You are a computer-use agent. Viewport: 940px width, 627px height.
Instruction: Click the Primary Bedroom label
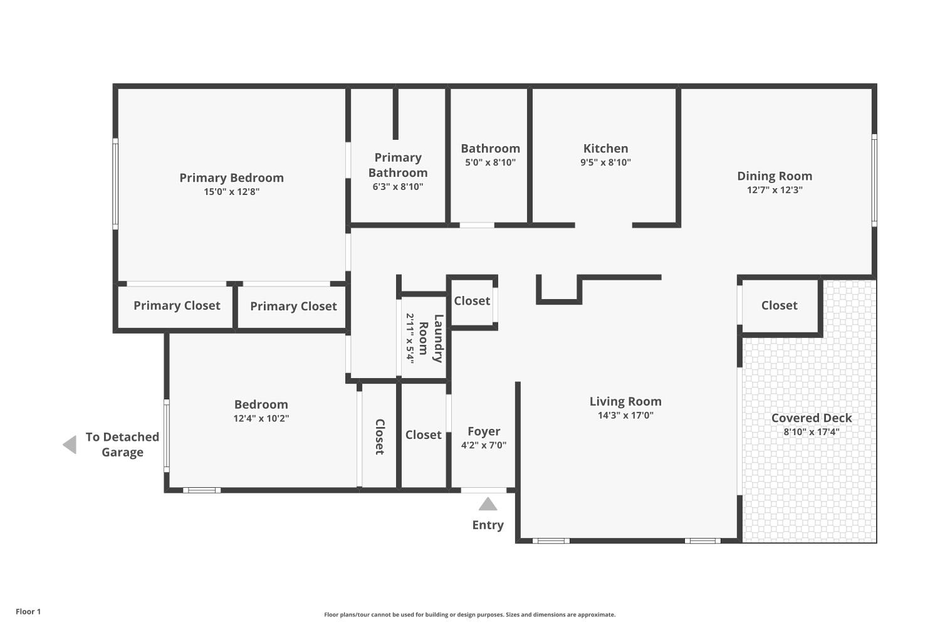tap(232, 177)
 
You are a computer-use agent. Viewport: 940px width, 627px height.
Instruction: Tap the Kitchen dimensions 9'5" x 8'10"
tap(605, 162)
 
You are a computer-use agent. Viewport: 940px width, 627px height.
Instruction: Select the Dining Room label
tap(775, 176)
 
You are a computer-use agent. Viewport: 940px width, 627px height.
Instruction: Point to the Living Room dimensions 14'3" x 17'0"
tap(625, 415)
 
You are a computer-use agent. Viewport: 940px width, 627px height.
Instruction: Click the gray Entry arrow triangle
tap(488, 504)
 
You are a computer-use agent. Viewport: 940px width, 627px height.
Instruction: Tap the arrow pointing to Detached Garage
tap(70, 445)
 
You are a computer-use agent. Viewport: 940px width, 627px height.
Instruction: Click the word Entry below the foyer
tap(488, 525)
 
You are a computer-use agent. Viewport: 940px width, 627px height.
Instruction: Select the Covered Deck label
tap(812, 418)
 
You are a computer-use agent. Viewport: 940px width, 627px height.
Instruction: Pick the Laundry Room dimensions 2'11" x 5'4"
tap(410, 339)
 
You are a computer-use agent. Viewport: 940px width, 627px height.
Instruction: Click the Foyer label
tap(484, 431)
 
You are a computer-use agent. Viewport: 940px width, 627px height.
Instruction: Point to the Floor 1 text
tap(28, 611)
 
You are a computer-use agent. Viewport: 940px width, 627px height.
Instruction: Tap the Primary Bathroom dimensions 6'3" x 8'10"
tap(398, 186)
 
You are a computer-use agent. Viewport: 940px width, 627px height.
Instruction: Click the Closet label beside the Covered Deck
tap(780, 305)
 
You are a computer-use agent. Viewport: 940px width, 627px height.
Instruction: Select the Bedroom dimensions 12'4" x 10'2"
tap(261, 418)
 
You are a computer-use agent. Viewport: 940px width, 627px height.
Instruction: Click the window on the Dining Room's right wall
tap(874, 181)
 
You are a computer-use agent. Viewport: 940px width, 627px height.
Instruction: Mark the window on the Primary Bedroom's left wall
tap(115, 184)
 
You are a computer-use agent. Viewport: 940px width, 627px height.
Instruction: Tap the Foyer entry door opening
tap(483, 490)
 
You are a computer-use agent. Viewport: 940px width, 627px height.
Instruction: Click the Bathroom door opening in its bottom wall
tap(477, 225)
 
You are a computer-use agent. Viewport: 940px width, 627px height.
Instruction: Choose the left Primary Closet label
tap(177, 305)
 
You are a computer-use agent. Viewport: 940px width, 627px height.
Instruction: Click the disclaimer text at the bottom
tap(469, 614)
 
